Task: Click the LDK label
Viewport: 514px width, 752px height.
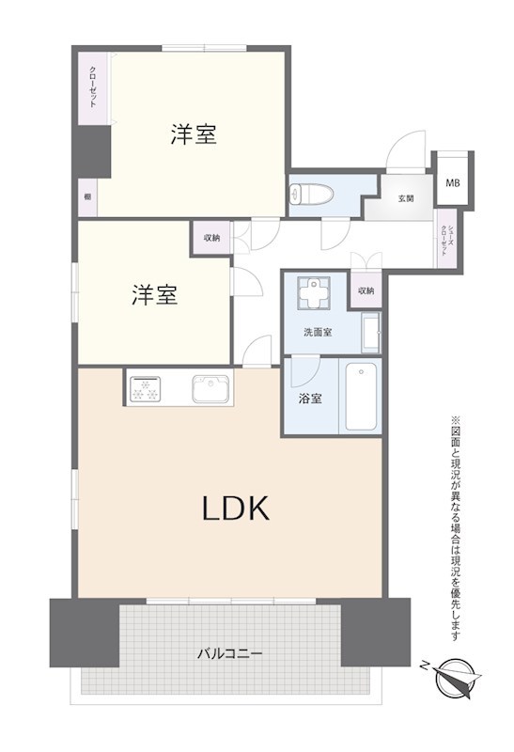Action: [236, 509]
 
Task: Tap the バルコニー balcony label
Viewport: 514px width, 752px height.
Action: [229, 651]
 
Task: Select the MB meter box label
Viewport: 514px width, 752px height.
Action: [453, 182]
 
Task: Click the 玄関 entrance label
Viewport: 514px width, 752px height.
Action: [406, 197]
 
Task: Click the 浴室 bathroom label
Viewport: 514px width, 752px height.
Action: [311, 398]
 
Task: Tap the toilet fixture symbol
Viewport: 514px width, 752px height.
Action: [305, 194]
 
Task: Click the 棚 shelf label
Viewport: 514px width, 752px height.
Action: [87, 197]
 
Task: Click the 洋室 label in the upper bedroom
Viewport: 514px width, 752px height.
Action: [194, 134]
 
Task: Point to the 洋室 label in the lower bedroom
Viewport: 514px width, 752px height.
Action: [154, 295]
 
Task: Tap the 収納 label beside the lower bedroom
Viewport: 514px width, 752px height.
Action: [211, 238]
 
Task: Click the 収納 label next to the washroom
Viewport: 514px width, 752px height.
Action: [366, 290]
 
